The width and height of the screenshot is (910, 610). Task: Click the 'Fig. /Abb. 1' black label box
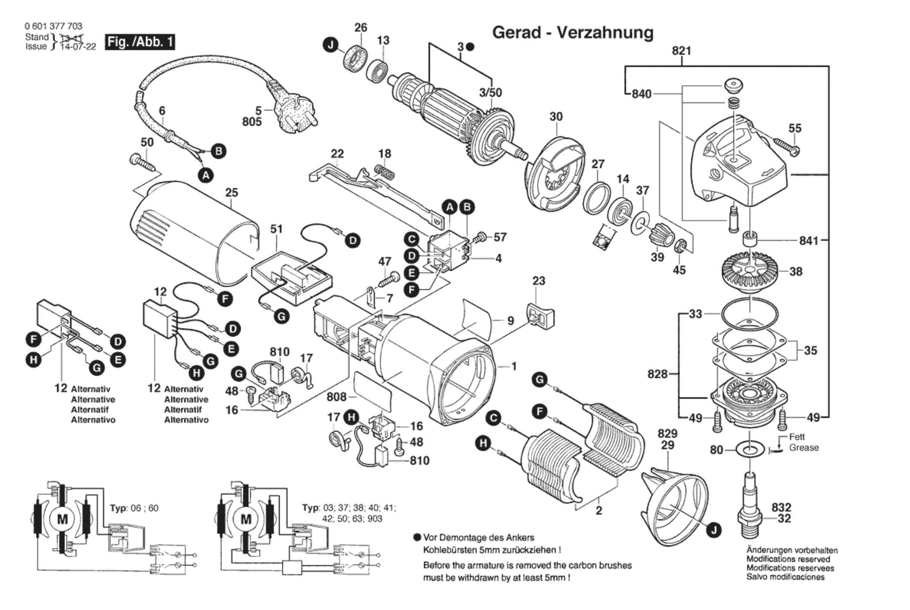[x=140, y=42]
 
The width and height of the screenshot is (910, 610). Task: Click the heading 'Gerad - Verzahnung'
[x=573, y=33]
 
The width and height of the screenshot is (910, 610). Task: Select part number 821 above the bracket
[x=682, y=51]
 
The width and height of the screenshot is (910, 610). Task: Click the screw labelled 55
[x=787, y=146]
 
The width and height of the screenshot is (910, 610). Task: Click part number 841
[x=809, y=240]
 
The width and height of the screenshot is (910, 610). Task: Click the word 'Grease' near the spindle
[x=804, y=448]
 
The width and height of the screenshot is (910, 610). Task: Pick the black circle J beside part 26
[x=331, y=45]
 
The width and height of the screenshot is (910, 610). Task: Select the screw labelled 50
[x=142, y=162]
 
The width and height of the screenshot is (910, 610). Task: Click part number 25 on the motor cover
[x=232, y=193]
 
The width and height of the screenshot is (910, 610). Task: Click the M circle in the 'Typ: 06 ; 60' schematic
[x=63, y=520]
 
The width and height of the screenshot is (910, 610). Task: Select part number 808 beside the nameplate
[x=336, y=396]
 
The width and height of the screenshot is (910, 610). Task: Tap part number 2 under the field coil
[x=599, y=511]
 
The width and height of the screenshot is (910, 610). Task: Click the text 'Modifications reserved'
[x=788, y=559]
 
